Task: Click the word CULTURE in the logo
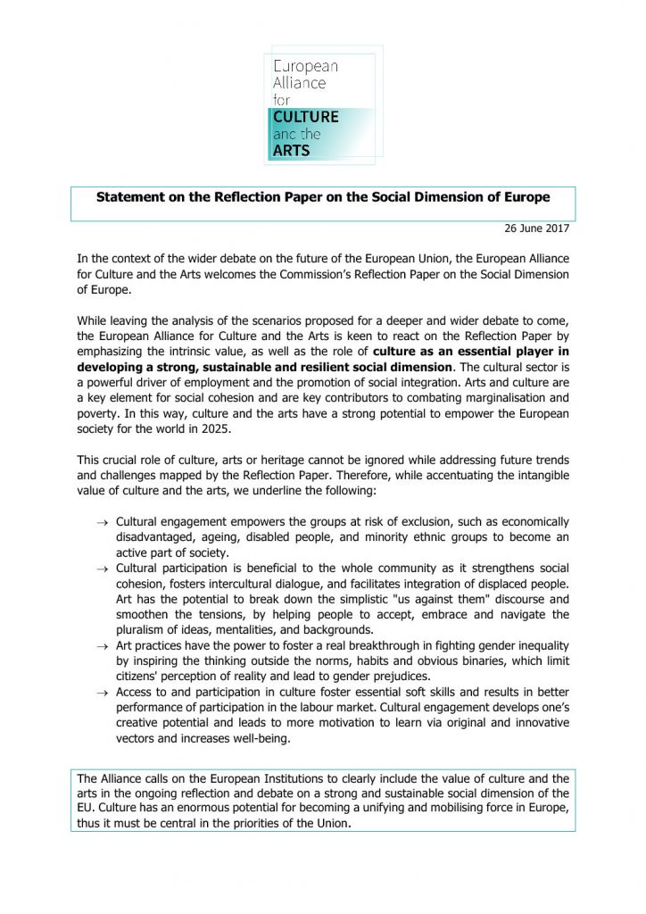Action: tap(306, 117)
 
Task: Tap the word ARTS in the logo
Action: tap(292, 150)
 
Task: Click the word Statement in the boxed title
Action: tap(131, 196)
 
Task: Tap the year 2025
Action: tap(270, 430)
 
